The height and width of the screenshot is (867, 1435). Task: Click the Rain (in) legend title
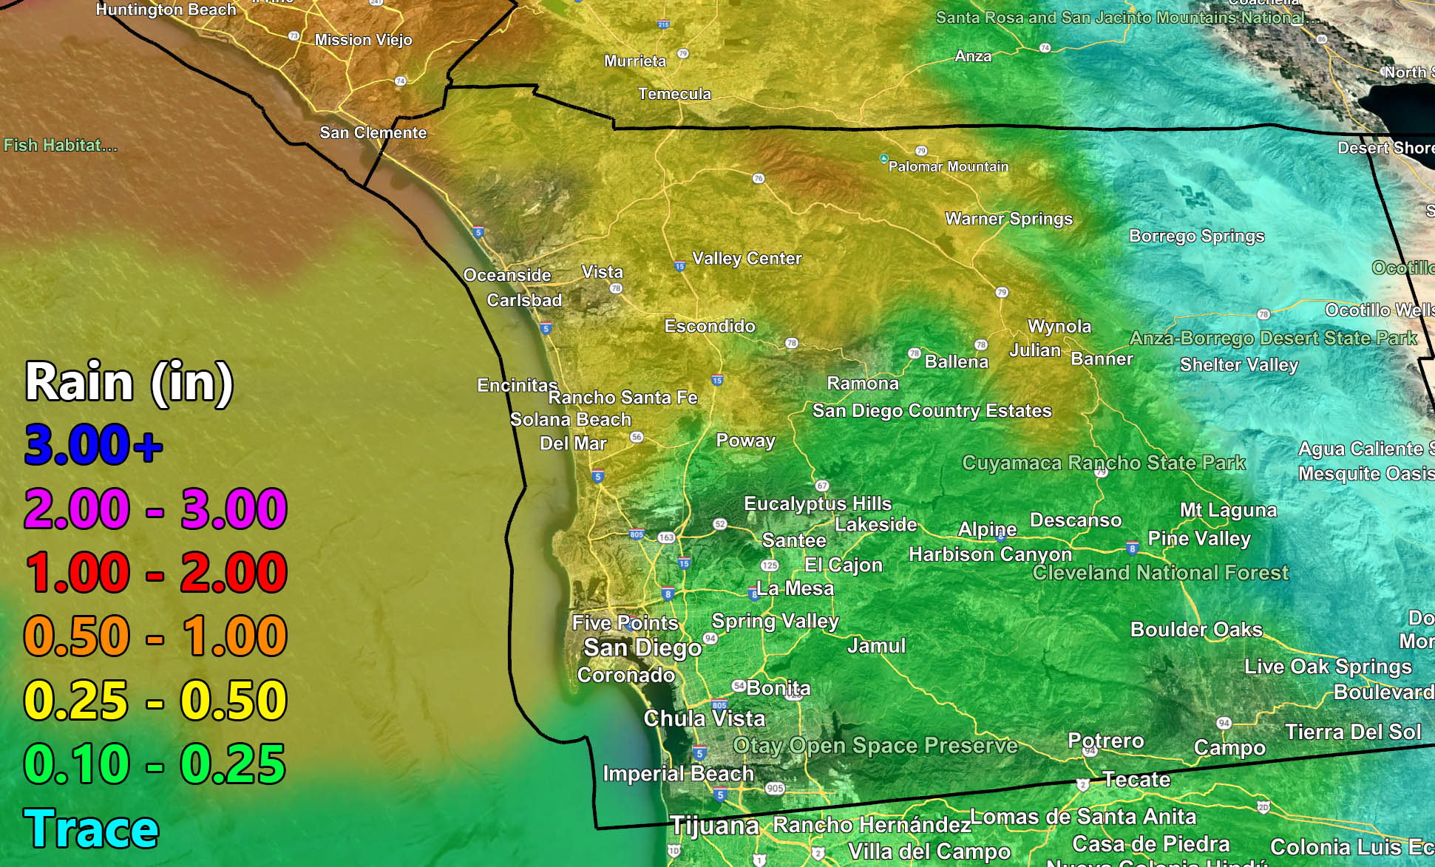(129, 382)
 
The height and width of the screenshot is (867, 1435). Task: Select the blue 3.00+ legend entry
(93, 445)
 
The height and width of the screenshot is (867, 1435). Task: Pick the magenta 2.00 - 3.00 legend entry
(155, 509)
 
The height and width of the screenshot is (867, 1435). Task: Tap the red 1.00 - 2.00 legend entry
(155, 573)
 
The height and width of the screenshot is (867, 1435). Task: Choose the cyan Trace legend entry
(91, 829)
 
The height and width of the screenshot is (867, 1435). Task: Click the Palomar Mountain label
(948, 167)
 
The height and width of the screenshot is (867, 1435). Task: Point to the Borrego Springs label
(1196, 237)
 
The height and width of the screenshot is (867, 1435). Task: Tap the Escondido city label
(710, 327)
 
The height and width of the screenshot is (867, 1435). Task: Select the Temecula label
(674, 95)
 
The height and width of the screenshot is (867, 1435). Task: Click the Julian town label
(1035, 350)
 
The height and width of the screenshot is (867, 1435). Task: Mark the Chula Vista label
(704, 718)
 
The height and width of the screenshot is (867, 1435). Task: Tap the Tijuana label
(714, 826)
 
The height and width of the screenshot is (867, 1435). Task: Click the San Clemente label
(373, 133)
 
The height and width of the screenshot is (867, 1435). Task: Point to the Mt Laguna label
(1228, 511)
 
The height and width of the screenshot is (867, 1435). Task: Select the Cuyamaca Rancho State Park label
(1103, 463)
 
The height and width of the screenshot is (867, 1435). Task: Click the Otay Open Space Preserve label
(875, 746)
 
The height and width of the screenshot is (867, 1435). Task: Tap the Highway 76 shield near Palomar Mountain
(758, 179)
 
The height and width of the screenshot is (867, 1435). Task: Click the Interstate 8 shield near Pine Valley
(1132, 548)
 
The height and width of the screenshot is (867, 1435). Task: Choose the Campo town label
(1229, 748)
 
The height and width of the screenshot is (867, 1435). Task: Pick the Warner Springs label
(1008, 219)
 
